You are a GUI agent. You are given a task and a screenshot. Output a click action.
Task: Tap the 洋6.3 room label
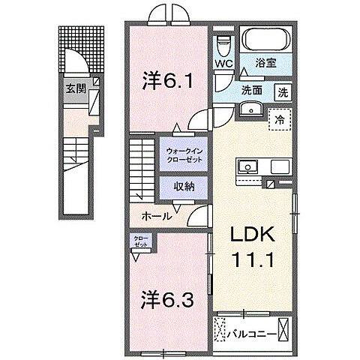169,300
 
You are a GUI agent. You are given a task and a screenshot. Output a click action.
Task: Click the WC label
223,64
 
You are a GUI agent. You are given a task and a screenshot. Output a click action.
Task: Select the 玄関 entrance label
75,88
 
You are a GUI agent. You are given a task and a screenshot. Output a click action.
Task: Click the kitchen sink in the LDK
248,166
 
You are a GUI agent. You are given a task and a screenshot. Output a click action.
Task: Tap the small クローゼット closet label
141,241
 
